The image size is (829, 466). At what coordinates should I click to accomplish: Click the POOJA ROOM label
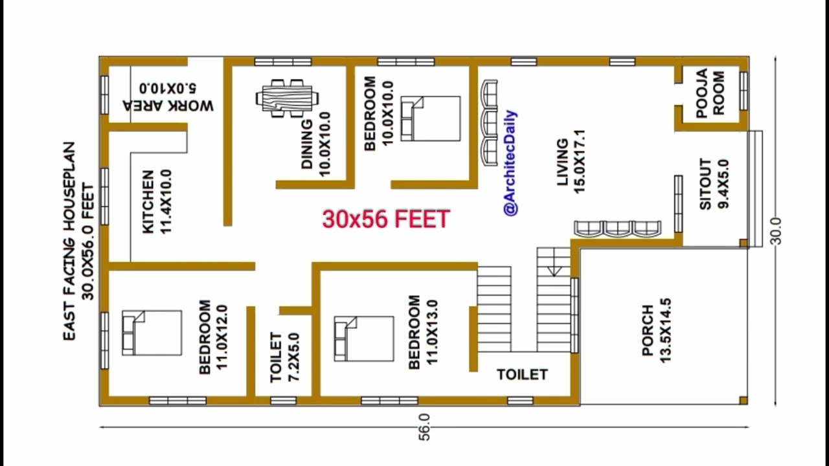[x=710, y=94]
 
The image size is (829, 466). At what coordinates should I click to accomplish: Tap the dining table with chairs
[x=287, y=98]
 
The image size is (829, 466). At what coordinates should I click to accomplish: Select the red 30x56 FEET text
[x=386, y=219]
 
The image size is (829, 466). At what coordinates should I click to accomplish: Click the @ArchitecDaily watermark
[x=511, y=162]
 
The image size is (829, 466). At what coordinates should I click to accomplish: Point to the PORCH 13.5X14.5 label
[x=656, y=330]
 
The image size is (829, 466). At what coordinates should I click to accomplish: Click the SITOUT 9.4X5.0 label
[x=714, y=184]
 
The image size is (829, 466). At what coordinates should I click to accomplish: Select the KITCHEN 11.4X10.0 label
[x=157, y=201]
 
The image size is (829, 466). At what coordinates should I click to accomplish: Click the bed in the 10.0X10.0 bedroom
[x=431, y=118]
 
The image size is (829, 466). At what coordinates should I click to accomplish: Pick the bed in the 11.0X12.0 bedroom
[x=152, y=333]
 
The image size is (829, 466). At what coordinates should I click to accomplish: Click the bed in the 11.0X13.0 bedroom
[x=364, y=338]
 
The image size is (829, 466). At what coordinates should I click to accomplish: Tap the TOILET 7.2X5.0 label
[x=284, y=357]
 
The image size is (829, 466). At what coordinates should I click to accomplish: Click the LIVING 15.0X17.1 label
[x=571, y=162]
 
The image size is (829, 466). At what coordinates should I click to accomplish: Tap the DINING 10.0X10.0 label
[x=315, y=144]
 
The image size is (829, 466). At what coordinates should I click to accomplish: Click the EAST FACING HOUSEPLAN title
[x=69, y=241]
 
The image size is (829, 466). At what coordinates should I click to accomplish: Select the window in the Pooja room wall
[x=744, y=91]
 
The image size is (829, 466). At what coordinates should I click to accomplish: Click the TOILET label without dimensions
[x=522, y=375]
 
